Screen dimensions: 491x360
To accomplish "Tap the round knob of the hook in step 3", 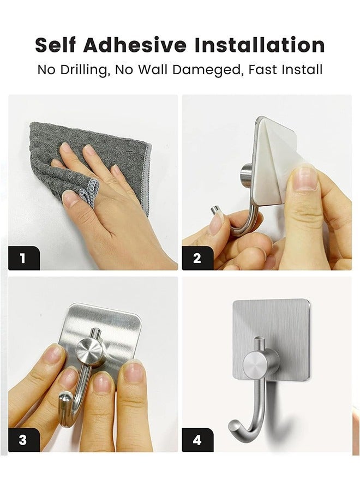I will [x=90, y=351].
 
